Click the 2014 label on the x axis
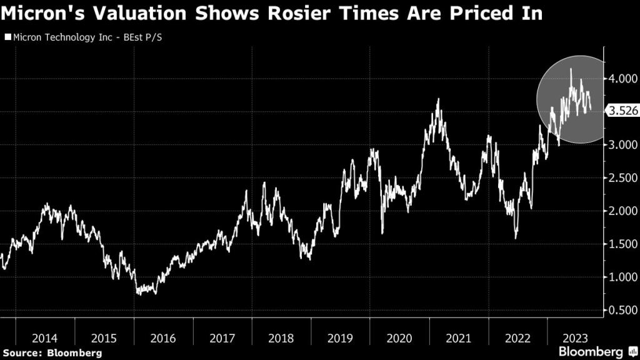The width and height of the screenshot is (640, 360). coord(45,338)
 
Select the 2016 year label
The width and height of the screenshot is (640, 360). coord(164,338)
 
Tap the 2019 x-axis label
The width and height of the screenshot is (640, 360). coord(340,338)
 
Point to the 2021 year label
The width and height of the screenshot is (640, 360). coord(459,338)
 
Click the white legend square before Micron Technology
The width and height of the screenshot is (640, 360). coord(7,37)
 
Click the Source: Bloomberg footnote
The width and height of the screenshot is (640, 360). coord(52,353)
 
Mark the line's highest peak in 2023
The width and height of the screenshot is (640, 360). coord(571,69)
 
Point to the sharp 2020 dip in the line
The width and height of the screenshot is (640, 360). coord(382,234)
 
